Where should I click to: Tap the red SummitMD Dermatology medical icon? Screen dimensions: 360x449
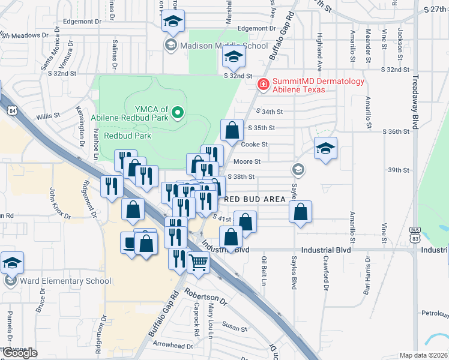click(262, 85)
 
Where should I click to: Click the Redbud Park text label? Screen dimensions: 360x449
click(128, 136)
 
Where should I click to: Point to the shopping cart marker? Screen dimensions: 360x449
click(198, 262)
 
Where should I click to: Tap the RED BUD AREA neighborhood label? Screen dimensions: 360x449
click(255, 199)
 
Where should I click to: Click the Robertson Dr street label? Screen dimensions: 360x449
click(205, 295)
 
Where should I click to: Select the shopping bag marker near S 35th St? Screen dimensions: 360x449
click(232, 129)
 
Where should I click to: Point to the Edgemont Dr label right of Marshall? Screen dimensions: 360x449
click(256, 28)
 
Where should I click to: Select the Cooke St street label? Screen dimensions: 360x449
click(254, 145)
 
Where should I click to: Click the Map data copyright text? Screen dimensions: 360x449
click(423, 355)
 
